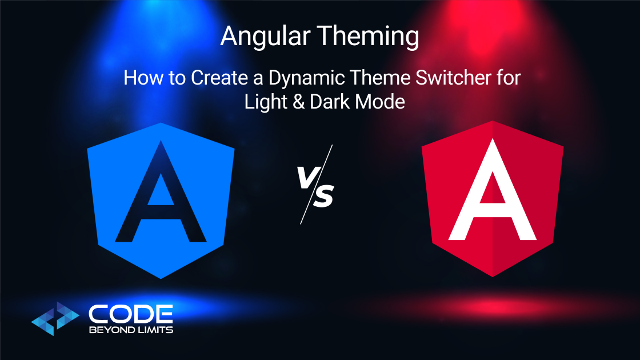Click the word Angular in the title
tap(265, 37)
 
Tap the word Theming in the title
tap(368, 37)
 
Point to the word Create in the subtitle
tap(219, 78)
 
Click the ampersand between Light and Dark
tap(299, 102)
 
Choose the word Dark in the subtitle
tap(330, 102)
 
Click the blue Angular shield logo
tap(161, 201)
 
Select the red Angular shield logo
tap(492, 199)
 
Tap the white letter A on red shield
tap(492, 190)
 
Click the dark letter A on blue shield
tap(161, 192)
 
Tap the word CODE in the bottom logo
tap(131, 314)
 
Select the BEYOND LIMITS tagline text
tap(131, 330)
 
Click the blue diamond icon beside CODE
tap(55, 319)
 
